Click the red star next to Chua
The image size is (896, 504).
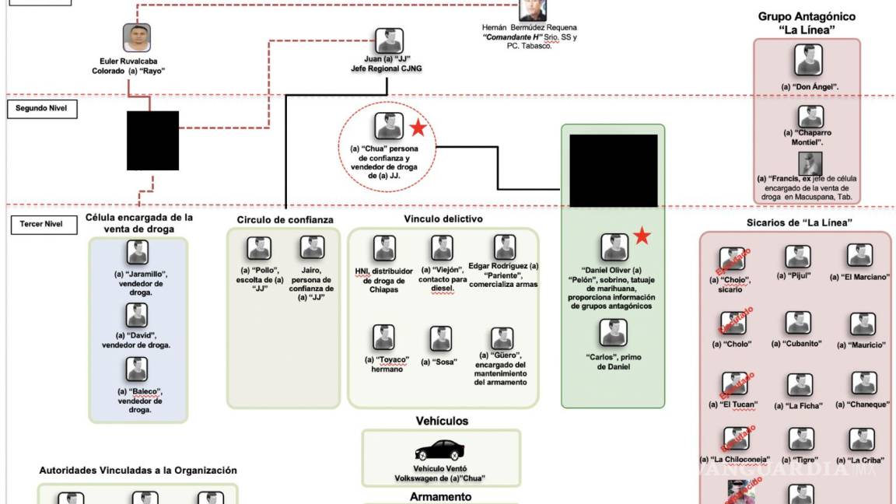[418, 128]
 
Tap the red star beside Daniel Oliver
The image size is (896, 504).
[642, 236]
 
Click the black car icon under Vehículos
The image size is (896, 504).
[441, 450]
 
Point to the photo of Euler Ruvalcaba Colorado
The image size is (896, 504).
[136, 38]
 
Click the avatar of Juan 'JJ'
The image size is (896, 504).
[389, 40]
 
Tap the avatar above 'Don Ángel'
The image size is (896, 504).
[808, 61]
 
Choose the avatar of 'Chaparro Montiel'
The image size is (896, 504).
[810, 117]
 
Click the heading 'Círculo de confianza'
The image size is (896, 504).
[285, 220]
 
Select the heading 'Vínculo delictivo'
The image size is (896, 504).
[443, 219]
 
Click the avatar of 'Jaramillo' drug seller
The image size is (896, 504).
[138, 253]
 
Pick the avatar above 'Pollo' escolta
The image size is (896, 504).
[259, 248]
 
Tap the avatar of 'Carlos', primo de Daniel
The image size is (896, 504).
[613, 333]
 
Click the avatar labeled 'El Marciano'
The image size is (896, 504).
[859, 256]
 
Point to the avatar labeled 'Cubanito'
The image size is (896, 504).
[798, 323]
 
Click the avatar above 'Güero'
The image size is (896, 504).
[502, 338]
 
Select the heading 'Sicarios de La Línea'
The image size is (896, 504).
[794, 223]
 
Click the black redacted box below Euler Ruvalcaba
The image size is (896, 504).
[152, 141]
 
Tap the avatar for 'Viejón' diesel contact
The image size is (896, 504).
[442, 248]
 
